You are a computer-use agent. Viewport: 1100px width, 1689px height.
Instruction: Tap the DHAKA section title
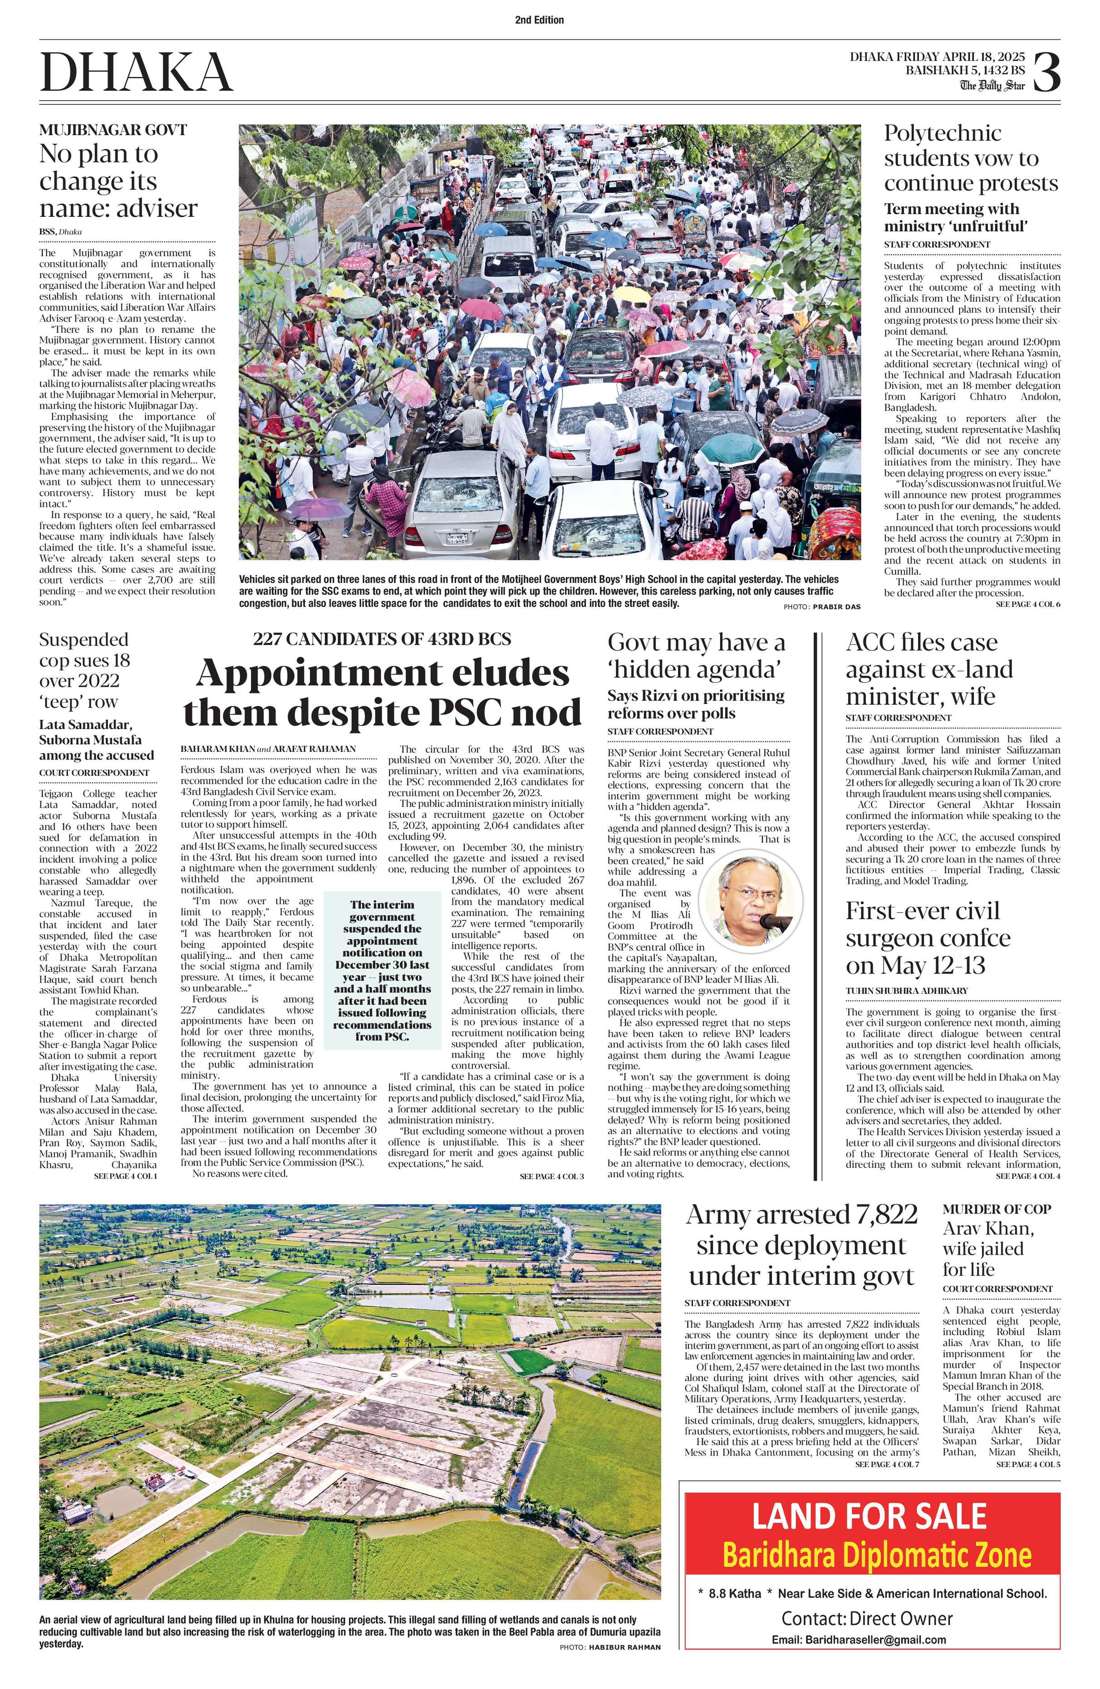coord(136,73)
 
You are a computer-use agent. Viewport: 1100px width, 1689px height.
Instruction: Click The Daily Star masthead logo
coord(993,86)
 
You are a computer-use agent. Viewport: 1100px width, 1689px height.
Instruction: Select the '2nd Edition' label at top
coord(540,20)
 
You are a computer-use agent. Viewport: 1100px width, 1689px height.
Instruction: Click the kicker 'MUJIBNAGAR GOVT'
coord(113,130)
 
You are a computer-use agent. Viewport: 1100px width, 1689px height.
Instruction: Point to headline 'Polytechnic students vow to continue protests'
coord(970,158)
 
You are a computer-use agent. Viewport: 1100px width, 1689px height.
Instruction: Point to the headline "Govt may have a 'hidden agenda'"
coord(696,656)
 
